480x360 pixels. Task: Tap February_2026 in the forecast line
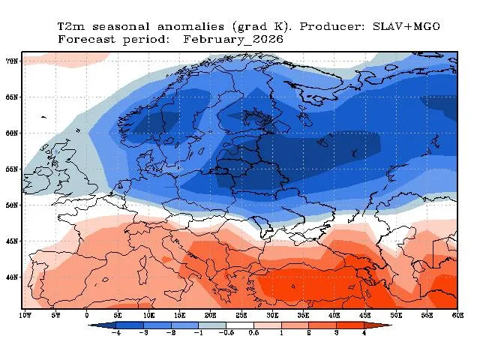pyautogui.click(x=233, y=39)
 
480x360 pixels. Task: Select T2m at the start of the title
pyautogui.click(x=70, y=26)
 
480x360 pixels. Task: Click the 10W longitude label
pyautogui.click(x=25, y=316)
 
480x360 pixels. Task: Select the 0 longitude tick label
pyautogui.click(x=87, y=316)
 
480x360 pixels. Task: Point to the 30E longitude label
pyautogui.click(x=272, y=316)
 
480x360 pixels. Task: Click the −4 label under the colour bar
pyautogui.click(x=115, y=333)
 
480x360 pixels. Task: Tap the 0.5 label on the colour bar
pyautogui.click(x=253, y=333)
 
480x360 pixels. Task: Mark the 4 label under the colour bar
pyautogui.click(x=364, y=333)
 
